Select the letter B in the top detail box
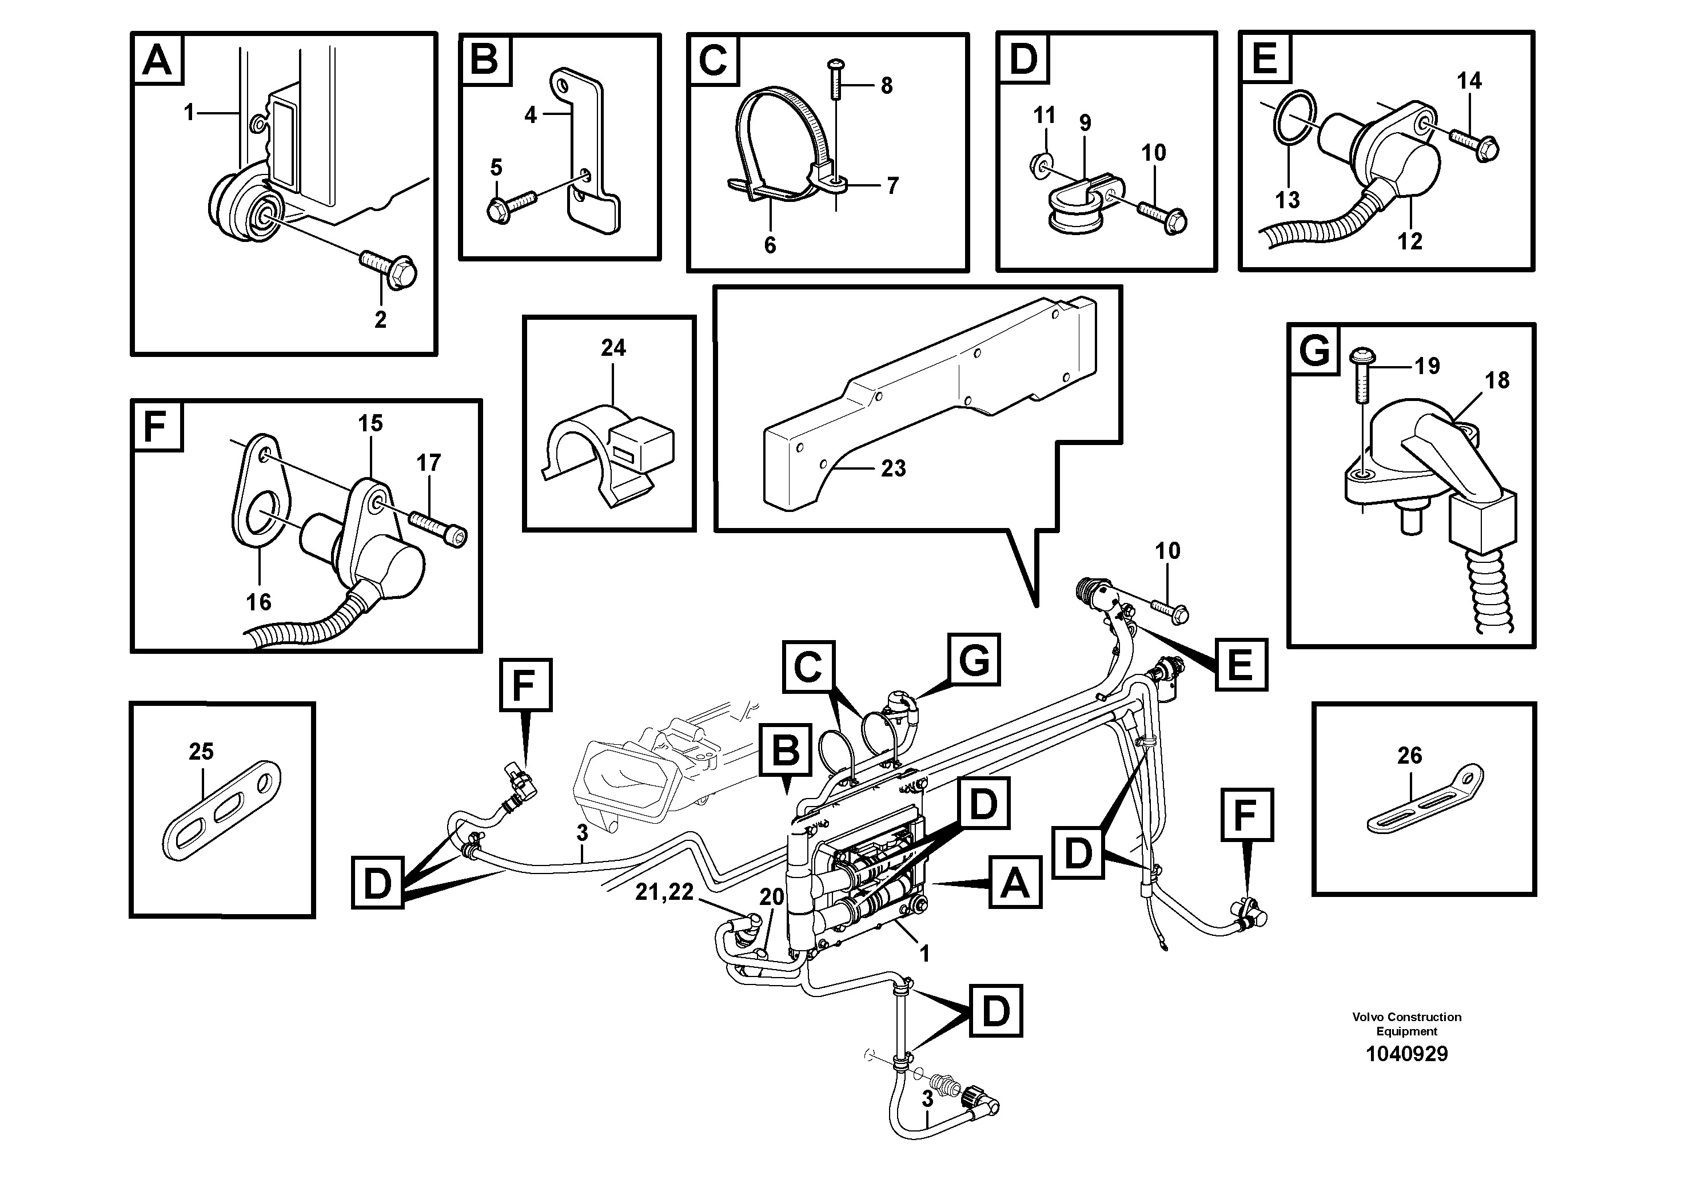point(484,59)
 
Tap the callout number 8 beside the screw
point(887,86)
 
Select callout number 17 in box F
point(428,463)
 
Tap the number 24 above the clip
point(613,347)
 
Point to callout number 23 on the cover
point(893,468)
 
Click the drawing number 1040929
point(1406,1054)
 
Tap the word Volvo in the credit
point(1368,1017)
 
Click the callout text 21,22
point(664,893)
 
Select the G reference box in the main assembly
point(973,660)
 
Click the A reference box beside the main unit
point(1015,883)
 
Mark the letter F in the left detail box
point(156,427)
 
